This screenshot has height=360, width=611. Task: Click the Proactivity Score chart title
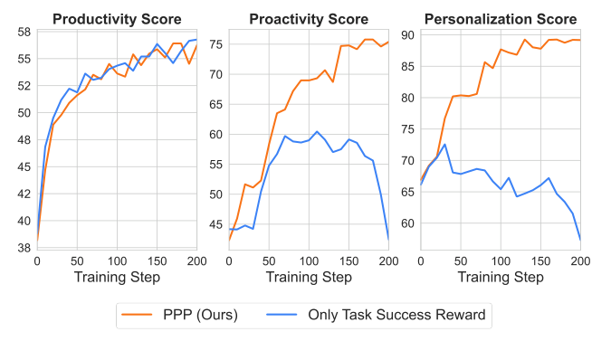[x=308, y=18]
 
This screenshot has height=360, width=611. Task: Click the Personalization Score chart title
[x=501, y=18]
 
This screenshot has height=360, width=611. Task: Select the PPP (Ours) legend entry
[x=198, y=315]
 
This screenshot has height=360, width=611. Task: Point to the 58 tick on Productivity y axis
[x=24, y=33]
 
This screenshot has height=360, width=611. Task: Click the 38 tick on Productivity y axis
[x=24, y=247]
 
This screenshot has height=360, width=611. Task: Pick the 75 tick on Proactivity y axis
[x=216, y=43]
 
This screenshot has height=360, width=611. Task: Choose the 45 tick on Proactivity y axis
[x=216, y=224]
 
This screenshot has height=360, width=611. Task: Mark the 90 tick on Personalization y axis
[x=409, y=35]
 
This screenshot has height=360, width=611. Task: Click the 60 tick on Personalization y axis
[x=409, y=223]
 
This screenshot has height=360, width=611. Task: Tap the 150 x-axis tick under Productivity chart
[x=156, y=261]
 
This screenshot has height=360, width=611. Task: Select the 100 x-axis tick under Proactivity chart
[x=309, y=261]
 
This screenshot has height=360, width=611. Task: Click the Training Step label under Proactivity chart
[x=309, y=277]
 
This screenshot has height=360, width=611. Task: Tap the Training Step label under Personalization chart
[x=501, y=277]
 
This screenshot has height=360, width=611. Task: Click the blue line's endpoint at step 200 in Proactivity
[x=388, y=238]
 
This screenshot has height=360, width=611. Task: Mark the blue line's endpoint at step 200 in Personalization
[x=580, y=239]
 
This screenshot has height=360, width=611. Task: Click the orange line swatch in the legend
[x=136, y=315]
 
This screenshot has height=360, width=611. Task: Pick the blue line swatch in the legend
[x=282, y=315]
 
